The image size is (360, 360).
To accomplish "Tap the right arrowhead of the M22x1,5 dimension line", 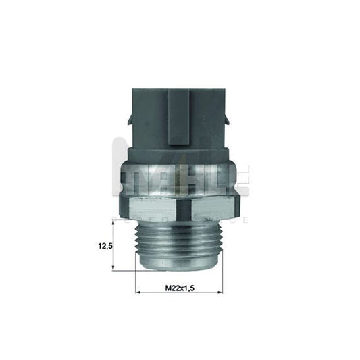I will (219, 292).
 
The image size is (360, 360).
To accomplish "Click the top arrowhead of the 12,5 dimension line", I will (113, 223).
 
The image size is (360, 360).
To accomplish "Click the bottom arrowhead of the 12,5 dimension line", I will (113, 268).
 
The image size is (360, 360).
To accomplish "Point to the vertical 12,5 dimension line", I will (113, 246).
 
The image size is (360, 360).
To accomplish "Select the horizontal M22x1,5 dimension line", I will (179, 292).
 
